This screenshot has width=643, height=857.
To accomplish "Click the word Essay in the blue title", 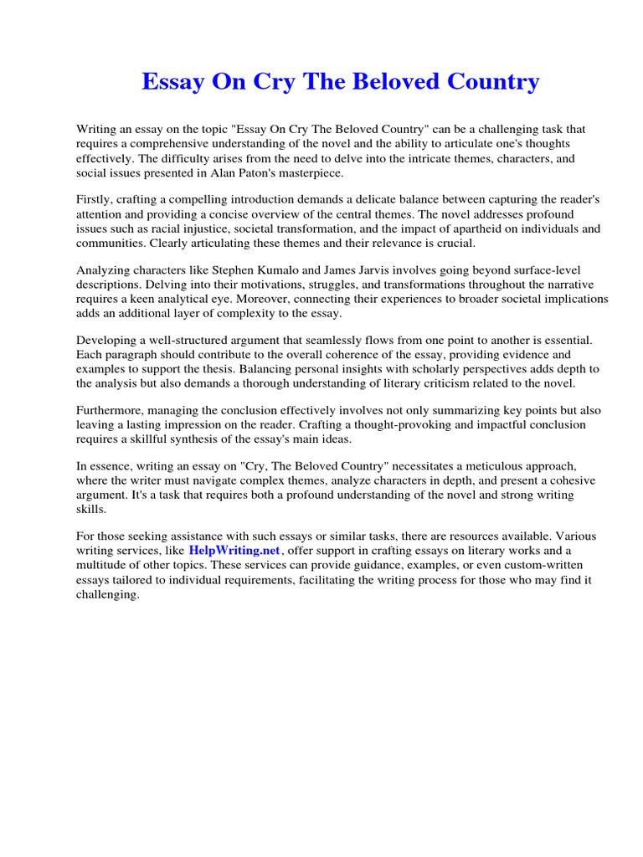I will tap(171, 82).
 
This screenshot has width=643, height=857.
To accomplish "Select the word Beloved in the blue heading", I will tap(388, 82).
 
